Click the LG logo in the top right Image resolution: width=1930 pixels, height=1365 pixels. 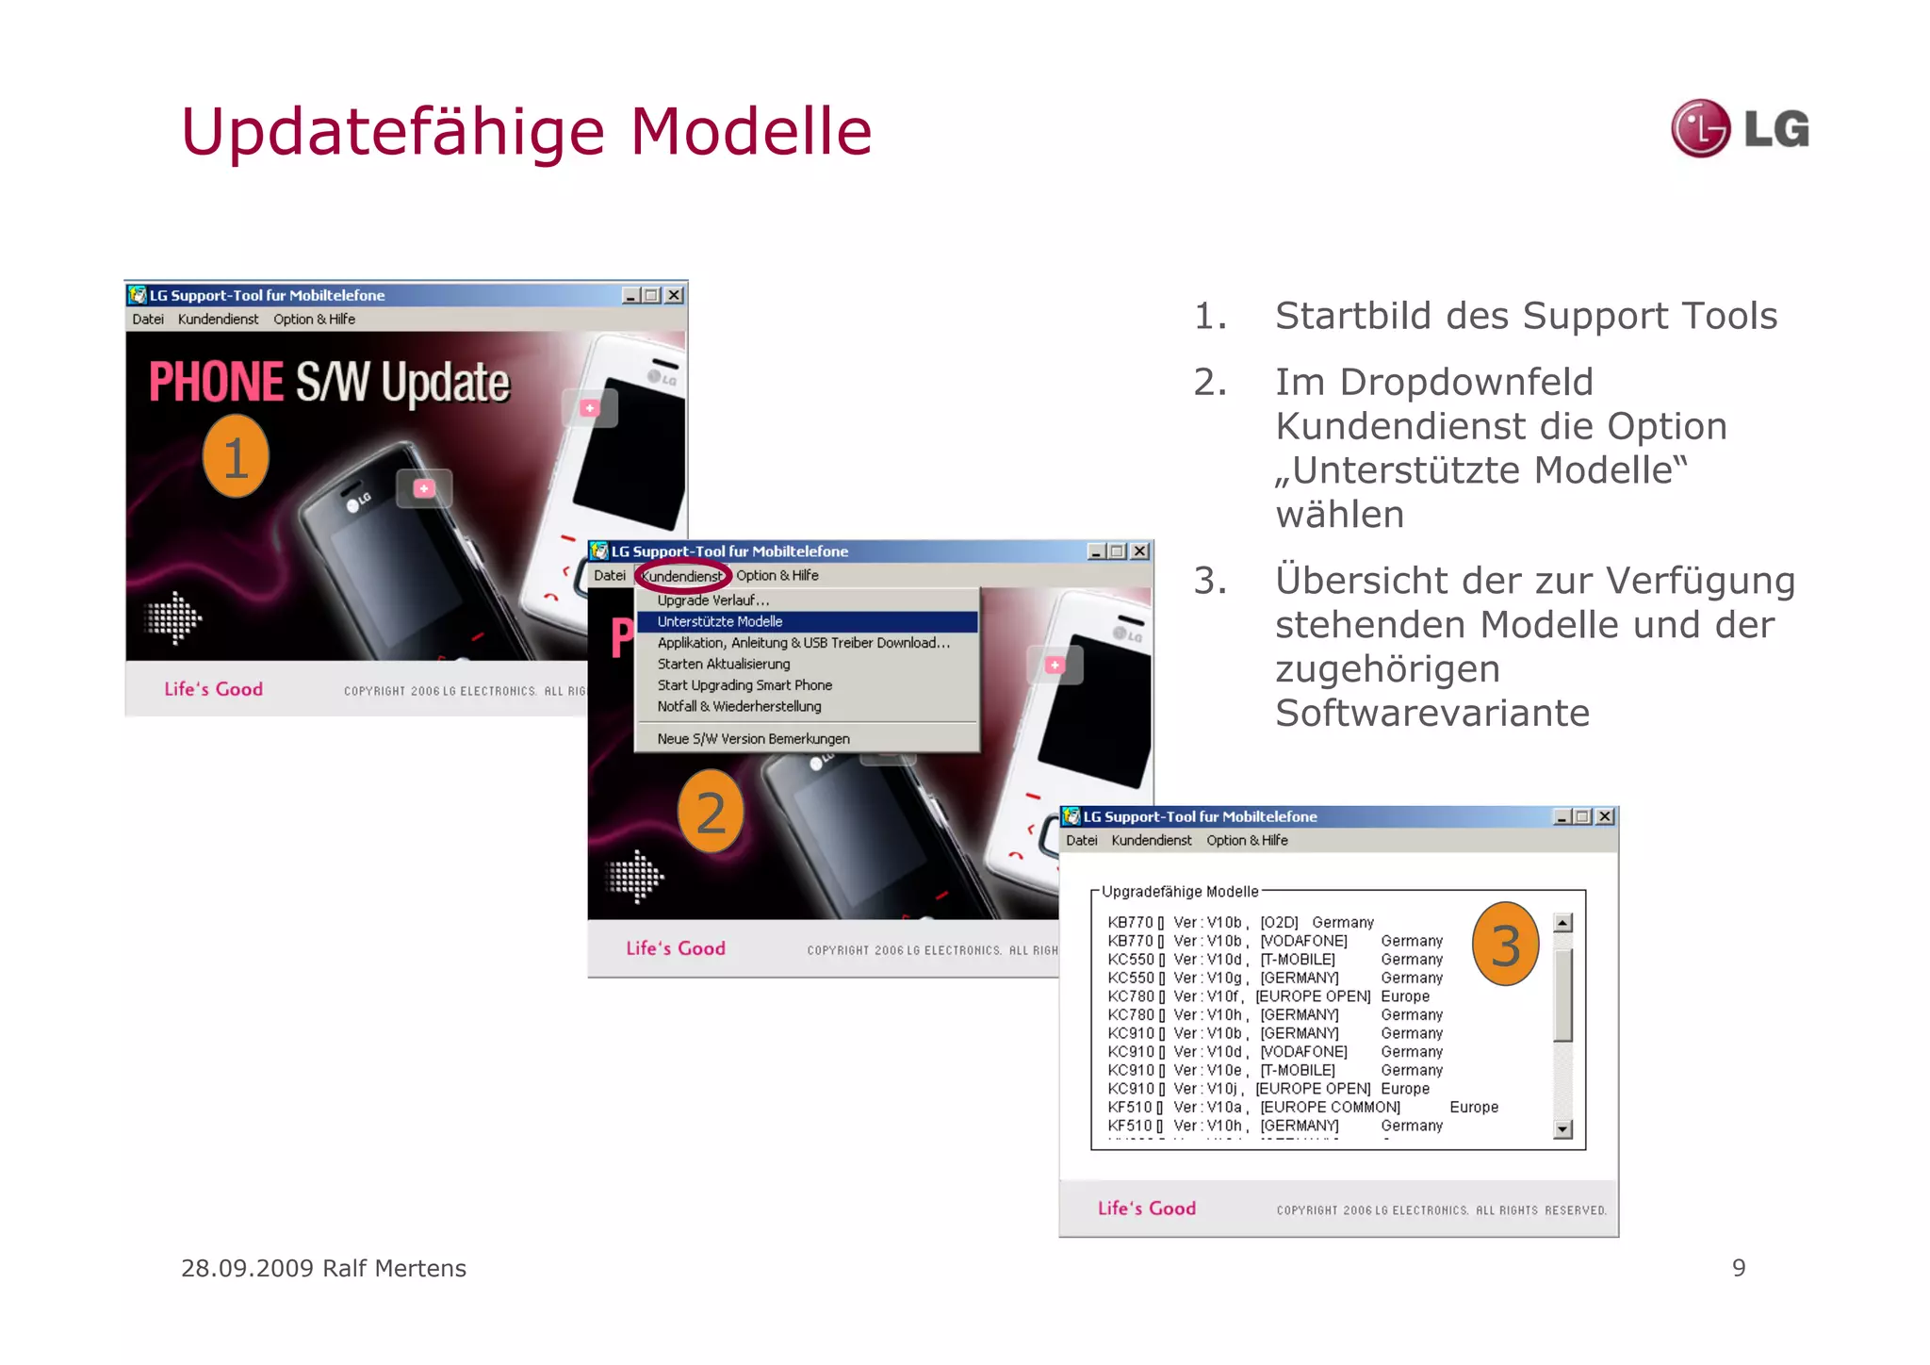click(x=1740, y=128)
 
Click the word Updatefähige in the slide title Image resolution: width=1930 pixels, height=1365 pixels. click(x=392, y=132)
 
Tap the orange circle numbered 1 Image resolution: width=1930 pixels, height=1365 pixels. click(x=236, y=457)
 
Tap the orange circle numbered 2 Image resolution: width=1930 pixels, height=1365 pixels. click(x=711, y=812)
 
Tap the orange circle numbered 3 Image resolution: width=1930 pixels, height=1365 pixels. click(x=1505, y=945)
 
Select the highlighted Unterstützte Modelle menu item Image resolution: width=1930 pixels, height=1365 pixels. click(x=720, y=621)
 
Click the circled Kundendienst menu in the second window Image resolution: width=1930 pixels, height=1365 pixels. click(x=682, y=576)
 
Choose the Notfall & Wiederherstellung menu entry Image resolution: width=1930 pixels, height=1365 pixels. click(x=739, y=706)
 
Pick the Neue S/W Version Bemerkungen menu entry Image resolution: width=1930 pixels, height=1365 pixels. click(x=753, y=739)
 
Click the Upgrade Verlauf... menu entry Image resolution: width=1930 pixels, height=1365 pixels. click(x=713, y=600)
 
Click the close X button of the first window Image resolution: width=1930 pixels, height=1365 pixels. click(x=674, y=295)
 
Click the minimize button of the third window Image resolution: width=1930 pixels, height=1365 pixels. click(x=1562, y=816)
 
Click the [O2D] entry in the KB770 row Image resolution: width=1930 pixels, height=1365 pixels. click(x=1279, y=922)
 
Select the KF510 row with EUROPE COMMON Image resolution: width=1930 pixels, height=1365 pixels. click(x=1300, y=1107)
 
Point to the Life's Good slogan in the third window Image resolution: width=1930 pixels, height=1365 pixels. click(x=1146, y=1209)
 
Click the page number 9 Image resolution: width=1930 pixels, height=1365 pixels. click(x=1739, y=1268)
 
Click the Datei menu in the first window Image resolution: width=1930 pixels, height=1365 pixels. click(x=148, y=320)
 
